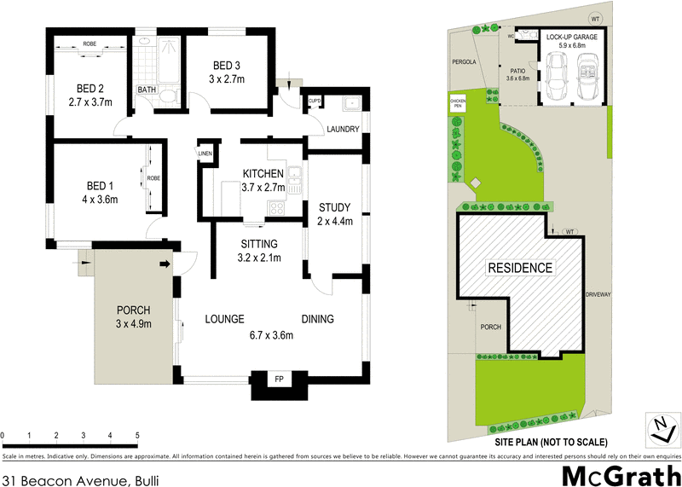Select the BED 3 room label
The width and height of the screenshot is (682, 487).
(x=228, y=65)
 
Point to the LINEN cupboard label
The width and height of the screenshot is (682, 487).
(x=205, y=154)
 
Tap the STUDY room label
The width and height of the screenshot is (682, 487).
(x=334, y=207)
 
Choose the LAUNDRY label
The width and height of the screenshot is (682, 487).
(x=343, y=130)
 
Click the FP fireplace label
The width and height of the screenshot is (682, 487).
(x=279, y=378)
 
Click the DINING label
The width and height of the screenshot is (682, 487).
(x=317, y=320)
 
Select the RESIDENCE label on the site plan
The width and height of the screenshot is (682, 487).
(x=519, y=268)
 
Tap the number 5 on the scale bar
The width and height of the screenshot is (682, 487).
(x=137, y=436)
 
